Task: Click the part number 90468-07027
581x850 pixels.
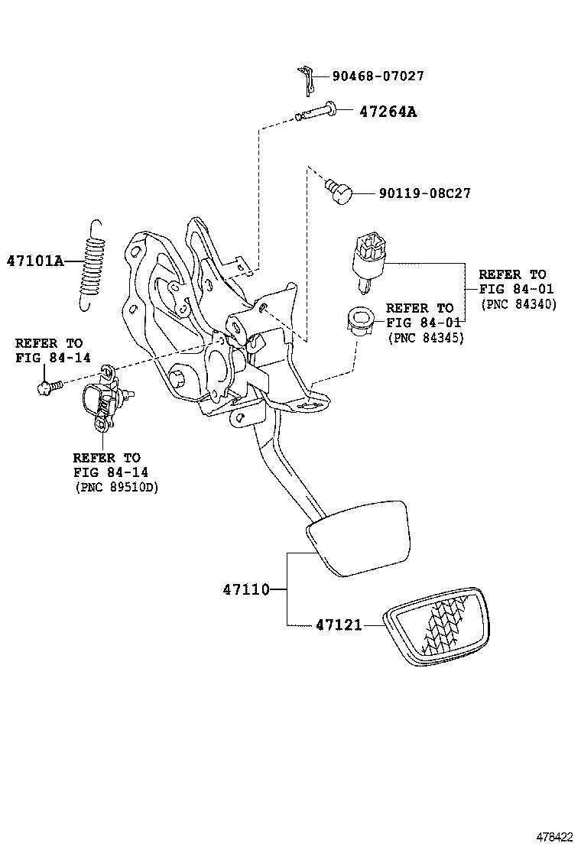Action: (x=378, y=76)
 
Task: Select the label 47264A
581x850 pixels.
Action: (x=388, y=112)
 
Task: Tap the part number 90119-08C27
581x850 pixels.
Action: (x=424, y=193)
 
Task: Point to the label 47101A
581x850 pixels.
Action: (x=35, y=260)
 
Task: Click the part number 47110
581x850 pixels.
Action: (x=246, y=589)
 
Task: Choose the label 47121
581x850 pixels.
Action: (x=339, y=625)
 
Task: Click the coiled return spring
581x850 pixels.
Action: (x=92, y=264)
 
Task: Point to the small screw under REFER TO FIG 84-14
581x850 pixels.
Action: (x=44, y=387)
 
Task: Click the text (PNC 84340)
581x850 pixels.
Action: (x=518, y=303)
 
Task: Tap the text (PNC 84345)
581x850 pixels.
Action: (x=426, y=337)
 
